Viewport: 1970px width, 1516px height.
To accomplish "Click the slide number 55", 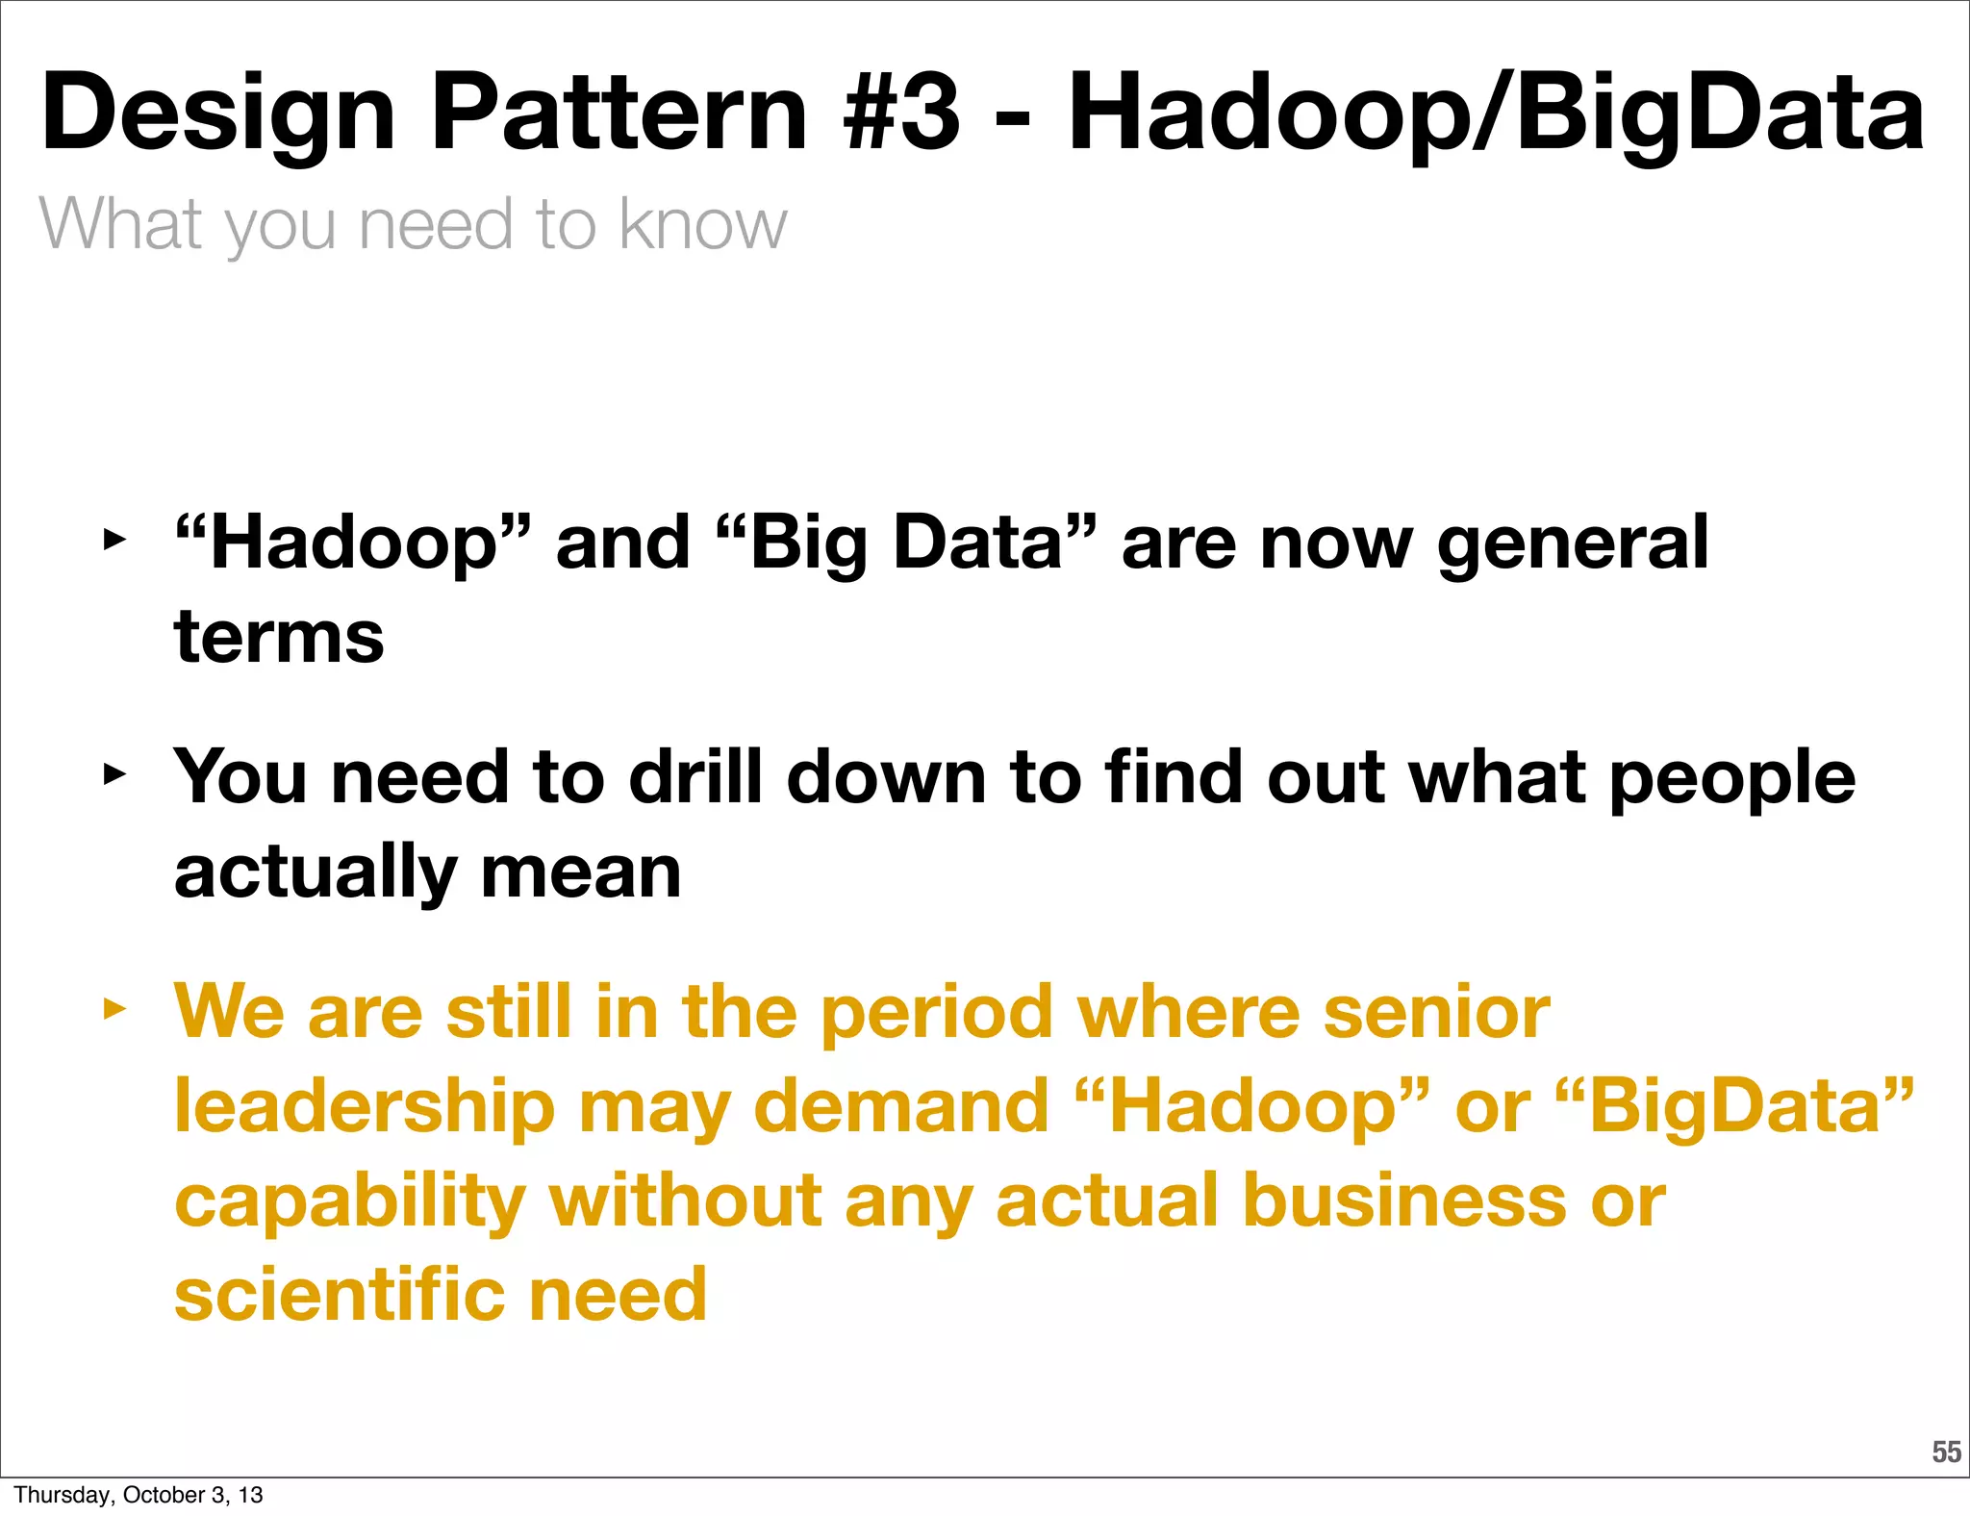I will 1946,1452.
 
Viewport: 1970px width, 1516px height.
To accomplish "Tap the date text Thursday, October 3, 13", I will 139,1495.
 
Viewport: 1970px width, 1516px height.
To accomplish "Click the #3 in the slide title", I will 900,114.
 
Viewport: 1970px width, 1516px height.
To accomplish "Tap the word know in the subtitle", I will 702,224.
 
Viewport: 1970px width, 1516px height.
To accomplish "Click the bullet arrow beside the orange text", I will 114,1009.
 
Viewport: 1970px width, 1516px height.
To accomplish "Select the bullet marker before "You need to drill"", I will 114,774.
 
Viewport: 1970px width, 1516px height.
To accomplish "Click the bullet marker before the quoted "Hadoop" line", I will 114,540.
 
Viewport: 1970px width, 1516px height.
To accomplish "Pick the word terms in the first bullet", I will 279,637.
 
